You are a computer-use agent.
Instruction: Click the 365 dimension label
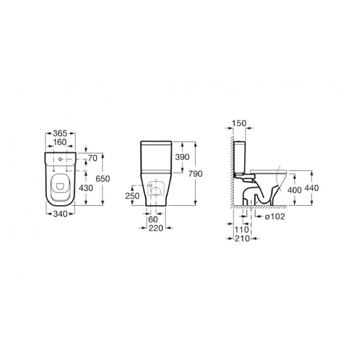click(x=60, y=133)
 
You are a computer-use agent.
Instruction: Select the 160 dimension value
click(x=60, y=142)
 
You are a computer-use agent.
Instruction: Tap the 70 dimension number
click(x=93, y=158)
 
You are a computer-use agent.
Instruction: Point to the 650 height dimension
click(x=103, y=179)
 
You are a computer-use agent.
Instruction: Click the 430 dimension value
click(x=86, y=188)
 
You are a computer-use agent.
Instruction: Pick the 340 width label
click(x=61, y=214)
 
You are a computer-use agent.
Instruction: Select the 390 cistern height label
click(x=182, y=157)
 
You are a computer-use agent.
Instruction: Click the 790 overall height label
click(x=196, y=174)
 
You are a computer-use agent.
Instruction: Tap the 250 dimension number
click(x=132, y=196)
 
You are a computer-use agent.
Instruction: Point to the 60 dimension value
click(x=153, y=220)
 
